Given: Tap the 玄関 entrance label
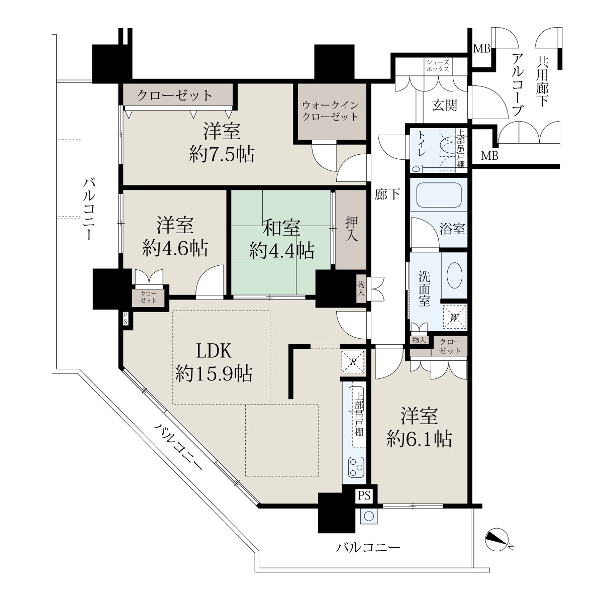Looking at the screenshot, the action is pyautogui.click(x=444, y=105).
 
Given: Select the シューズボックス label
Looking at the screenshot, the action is pyautogui.click(x=438, y=66).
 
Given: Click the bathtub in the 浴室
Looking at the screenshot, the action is pyautogui.click(x=438, y=194).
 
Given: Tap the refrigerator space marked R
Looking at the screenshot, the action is pyautogui.click(x=353, y=362).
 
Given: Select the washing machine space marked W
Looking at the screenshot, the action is pyautogui.click(x=454, y=317).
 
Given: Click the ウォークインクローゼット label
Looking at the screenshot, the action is pyautogui.click(x=331, y=111).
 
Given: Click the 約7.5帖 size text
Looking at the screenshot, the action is pyautogui.click(x=222, y=154).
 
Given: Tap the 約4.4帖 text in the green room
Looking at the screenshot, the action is pyautogui.click(x=281, y=250).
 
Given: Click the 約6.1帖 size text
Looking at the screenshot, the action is pyautogui.click(x=419, y=439).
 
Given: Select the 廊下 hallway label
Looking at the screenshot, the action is pyautogui.click(x=387, y=194).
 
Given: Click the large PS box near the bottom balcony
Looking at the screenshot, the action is pyautogui.click(x=364, y=495).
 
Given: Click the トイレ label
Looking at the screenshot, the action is pyautogui.click(x=421, y=144).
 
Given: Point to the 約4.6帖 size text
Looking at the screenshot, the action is pyautogui.click(x=175, y=248).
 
